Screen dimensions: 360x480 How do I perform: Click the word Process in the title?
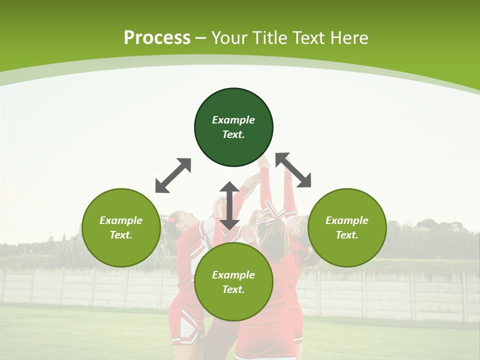(x=157, y=38)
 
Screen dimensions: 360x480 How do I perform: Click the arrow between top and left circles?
(x=173, y=175)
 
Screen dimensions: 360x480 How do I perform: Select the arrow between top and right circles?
(x=293, y=170)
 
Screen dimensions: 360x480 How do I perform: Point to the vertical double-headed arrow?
(x=229, y=205)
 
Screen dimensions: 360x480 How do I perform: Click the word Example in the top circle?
(x=233, y=120)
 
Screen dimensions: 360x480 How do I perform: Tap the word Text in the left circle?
(x=121, y=235)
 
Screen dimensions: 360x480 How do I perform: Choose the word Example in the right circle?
(x=347, y=220)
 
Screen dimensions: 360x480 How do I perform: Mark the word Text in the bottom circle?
(x=233, y=289)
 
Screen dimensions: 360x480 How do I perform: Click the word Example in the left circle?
(x=121, y=220)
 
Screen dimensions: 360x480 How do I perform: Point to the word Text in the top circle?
(x=233, y=134)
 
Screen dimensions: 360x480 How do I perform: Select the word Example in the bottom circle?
(x=233, y=275)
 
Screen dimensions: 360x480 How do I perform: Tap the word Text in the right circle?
(x=347, y=235)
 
